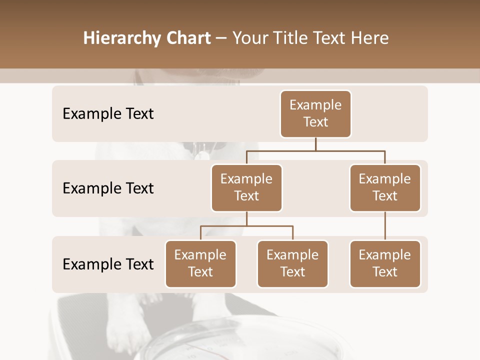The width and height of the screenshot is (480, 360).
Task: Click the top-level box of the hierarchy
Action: [315, 114]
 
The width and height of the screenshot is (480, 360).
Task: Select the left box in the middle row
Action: [246, 188]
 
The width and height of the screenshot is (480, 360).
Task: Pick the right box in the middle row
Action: [385, 188]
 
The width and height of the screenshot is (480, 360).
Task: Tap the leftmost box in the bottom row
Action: [200, 264]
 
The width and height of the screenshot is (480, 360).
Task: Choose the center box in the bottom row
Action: [292, 264]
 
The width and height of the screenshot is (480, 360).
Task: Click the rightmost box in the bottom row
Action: [385, 264]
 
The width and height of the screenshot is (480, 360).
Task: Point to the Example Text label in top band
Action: [108, 114]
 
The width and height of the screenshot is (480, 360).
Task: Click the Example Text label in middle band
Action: [108, 188]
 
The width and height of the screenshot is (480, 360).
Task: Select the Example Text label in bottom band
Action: [108, 264]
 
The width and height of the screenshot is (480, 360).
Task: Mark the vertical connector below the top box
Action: [315, 144]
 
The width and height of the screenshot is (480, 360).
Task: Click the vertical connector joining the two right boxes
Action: [385, 226]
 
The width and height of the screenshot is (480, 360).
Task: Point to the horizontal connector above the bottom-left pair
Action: [246, 226]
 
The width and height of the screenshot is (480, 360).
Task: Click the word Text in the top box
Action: [315, 122]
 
